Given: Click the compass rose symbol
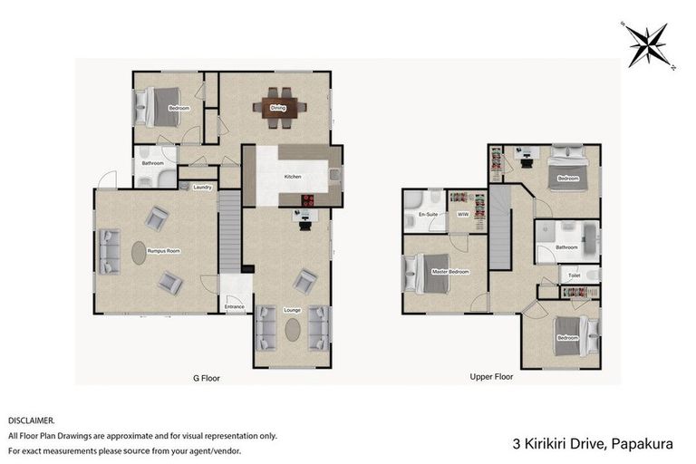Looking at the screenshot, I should (647, 43).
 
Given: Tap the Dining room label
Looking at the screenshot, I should (278, 109).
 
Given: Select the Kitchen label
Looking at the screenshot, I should (292, 176).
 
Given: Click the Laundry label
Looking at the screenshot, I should (202, 188).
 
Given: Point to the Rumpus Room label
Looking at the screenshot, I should (169, 251).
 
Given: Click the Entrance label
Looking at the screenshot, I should (235, 307).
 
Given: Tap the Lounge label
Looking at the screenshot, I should (292, 310).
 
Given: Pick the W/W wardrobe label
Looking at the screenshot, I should (462, 215).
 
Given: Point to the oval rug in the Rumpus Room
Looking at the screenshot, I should (139, 252).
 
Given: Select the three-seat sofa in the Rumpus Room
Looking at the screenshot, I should (110, 252).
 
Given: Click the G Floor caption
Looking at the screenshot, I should (207, 376).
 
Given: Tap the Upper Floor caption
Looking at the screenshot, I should (492, 375).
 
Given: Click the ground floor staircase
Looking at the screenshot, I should (231, 231).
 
